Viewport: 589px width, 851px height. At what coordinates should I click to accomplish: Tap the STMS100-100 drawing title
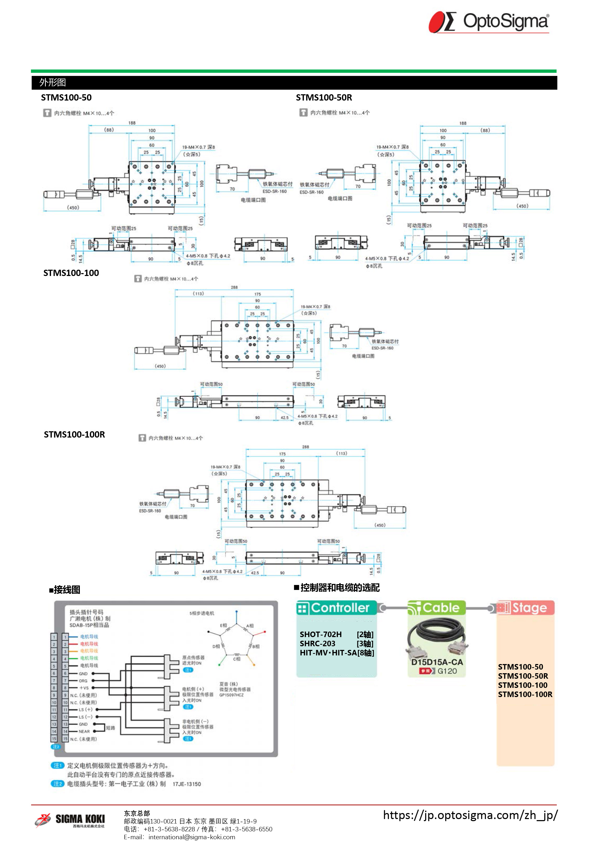click(71, 273)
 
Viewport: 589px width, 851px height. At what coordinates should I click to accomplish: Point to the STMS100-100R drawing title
click(74, 434)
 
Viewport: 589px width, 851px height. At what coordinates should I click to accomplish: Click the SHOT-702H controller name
click(320, 634)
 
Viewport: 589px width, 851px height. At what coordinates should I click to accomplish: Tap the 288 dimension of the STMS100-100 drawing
click(234, 287)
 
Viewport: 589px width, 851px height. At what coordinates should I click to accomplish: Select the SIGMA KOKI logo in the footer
click(70, 820)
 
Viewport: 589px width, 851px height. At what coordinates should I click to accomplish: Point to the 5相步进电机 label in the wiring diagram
click(202, 613)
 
